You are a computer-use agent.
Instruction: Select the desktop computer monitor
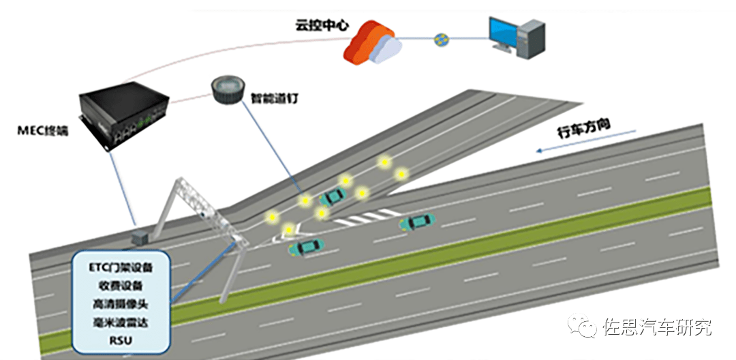[x=508, y=33]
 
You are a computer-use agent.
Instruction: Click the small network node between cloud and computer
[x=440, y=40]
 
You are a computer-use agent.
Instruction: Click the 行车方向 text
[x=584, y=131]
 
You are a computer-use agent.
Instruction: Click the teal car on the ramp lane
[x=333, y=196]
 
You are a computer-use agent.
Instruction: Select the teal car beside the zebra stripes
[x=416, y=222]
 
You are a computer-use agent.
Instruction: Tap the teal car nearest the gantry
[x=306, y=247]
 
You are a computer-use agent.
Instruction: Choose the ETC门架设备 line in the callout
[x=121, y=267]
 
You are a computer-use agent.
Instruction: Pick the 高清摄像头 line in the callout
[x=121, y=303]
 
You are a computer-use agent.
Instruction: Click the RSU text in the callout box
[x=121, y=339]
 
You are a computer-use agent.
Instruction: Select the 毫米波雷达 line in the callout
[x=121, y=321]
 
